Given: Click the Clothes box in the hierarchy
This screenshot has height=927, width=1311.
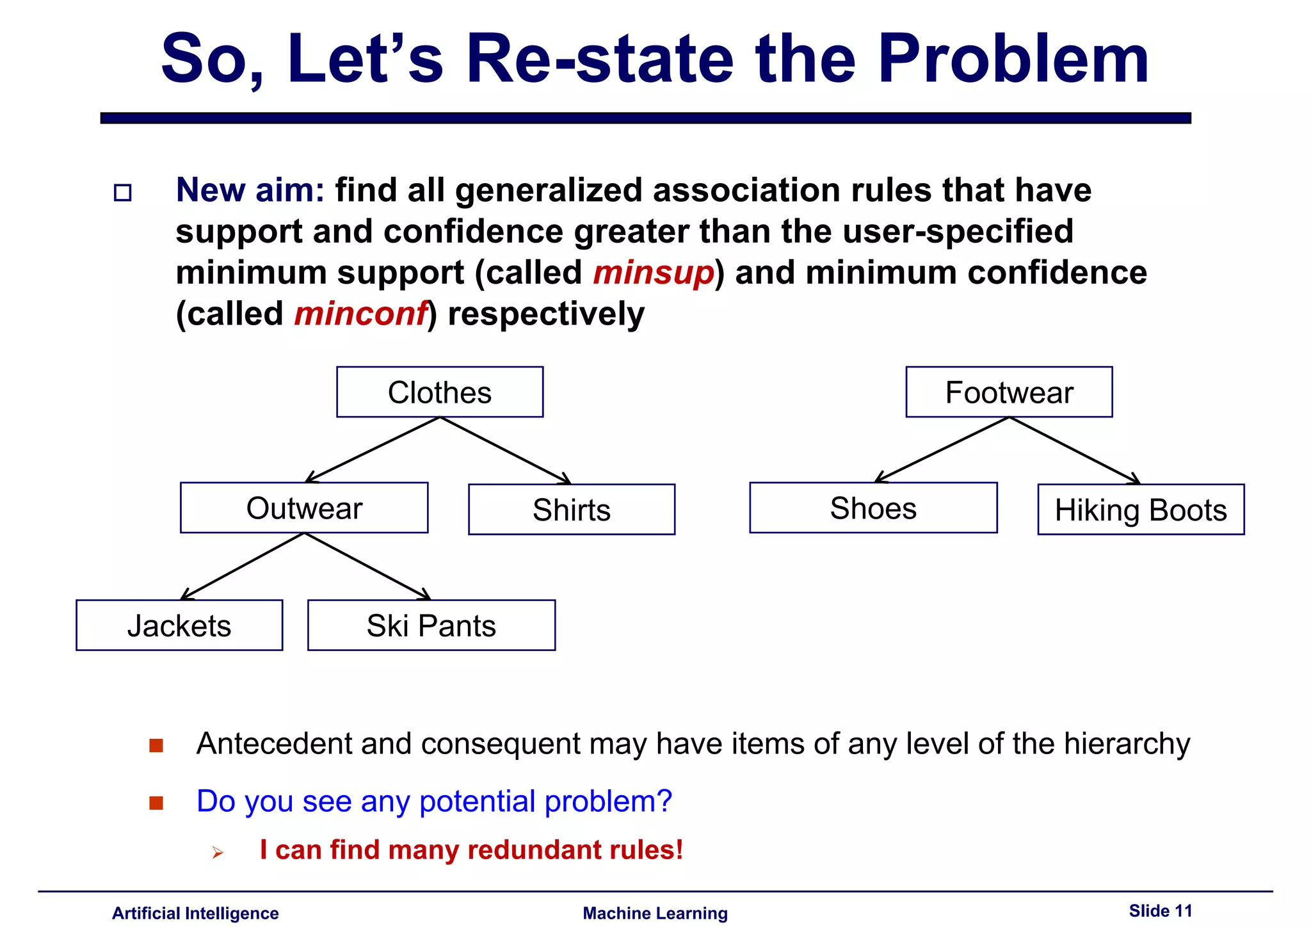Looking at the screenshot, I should pyautogui.click(x=440, y=392).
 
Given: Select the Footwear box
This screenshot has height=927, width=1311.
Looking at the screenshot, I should pyautogui.click(x=1009, y=392).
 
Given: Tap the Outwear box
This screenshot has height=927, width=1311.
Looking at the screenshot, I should pyautogui.click(x=304, y=508).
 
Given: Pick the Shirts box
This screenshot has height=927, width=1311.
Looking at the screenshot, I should pyautogui.click(x=572, y=510).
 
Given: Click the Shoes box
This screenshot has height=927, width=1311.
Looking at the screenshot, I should pyautogui.click(x=873, y=508).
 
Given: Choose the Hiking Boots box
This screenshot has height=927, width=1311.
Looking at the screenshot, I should pyautogui.click(x=1141, y=510).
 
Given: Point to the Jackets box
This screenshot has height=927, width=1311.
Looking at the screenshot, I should pyautogui.click(x=179, y=625).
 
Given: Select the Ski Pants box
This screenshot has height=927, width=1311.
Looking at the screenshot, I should pyautogui.click(x=431, y=625).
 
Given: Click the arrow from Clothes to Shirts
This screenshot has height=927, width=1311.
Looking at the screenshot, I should pyautogui.click(x=506, y=450).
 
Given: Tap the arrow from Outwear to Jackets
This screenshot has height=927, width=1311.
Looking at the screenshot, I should pyautogui.click(x=242, y=567).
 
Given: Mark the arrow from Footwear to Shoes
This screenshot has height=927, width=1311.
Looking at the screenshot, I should pyautogui.click(x=941, y=450).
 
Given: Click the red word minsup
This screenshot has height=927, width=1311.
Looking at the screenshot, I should pyautogui.click(x=653, y=273).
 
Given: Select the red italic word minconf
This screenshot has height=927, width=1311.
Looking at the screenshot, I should pyautogui.click(x=360, y=314).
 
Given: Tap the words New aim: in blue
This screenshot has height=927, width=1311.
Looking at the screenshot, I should pyautogui.click(x=250, y=190).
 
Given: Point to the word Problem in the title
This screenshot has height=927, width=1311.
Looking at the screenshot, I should pyautogui.click(x=1013, y=59).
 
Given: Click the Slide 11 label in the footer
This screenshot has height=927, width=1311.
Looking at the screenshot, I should pyautogui.click(x=1160, y=910).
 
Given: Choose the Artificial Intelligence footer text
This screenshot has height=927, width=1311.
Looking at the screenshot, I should pyautogui.click(x=195, y=913).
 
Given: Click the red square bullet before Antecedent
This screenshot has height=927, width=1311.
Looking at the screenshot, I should pyautogui.click(x=156, y=745).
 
